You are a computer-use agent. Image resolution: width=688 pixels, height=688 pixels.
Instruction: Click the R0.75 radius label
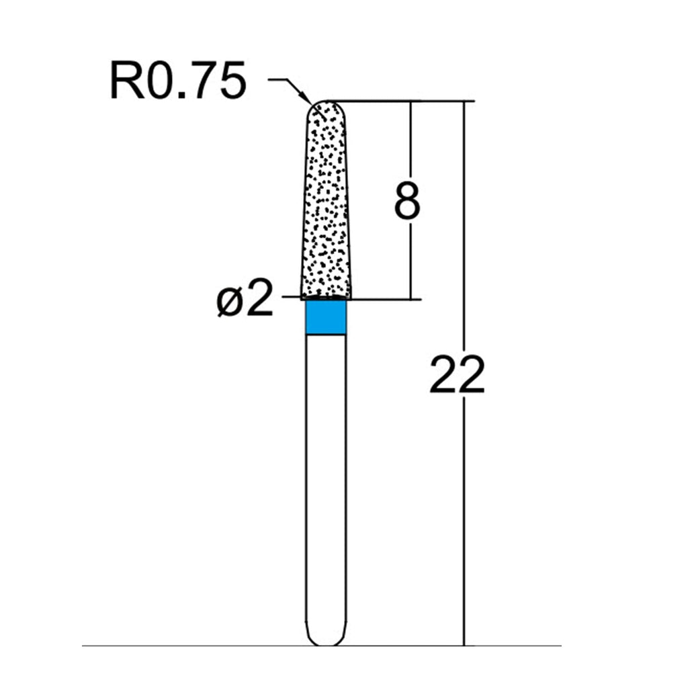point(177,81)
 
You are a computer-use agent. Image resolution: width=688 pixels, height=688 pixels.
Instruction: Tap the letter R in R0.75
point(126,81)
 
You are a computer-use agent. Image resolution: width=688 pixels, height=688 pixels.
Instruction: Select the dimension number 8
point(406,201)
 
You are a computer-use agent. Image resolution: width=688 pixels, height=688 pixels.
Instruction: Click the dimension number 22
point(457,374)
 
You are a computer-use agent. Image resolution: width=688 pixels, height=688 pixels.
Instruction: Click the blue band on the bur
point(326,317)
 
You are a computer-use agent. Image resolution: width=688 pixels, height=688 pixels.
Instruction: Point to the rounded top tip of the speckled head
point(326,102)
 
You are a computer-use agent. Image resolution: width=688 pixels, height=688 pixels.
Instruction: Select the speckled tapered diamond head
point(326,200)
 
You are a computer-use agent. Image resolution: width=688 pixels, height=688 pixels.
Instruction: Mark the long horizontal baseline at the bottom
point(321,646)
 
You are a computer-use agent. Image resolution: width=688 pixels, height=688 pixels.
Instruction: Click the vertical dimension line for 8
point(411,200)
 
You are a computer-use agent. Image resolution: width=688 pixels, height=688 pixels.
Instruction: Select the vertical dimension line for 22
point(464,374)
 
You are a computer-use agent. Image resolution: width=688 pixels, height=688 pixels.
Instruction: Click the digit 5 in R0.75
point(231,81)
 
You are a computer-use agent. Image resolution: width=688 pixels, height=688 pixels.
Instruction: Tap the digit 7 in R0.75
point(201,81)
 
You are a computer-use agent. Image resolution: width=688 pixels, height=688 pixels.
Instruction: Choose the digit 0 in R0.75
point(161,81)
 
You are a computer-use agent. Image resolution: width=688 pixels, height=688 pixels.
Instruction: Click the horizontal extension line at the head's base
point(351,299)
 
